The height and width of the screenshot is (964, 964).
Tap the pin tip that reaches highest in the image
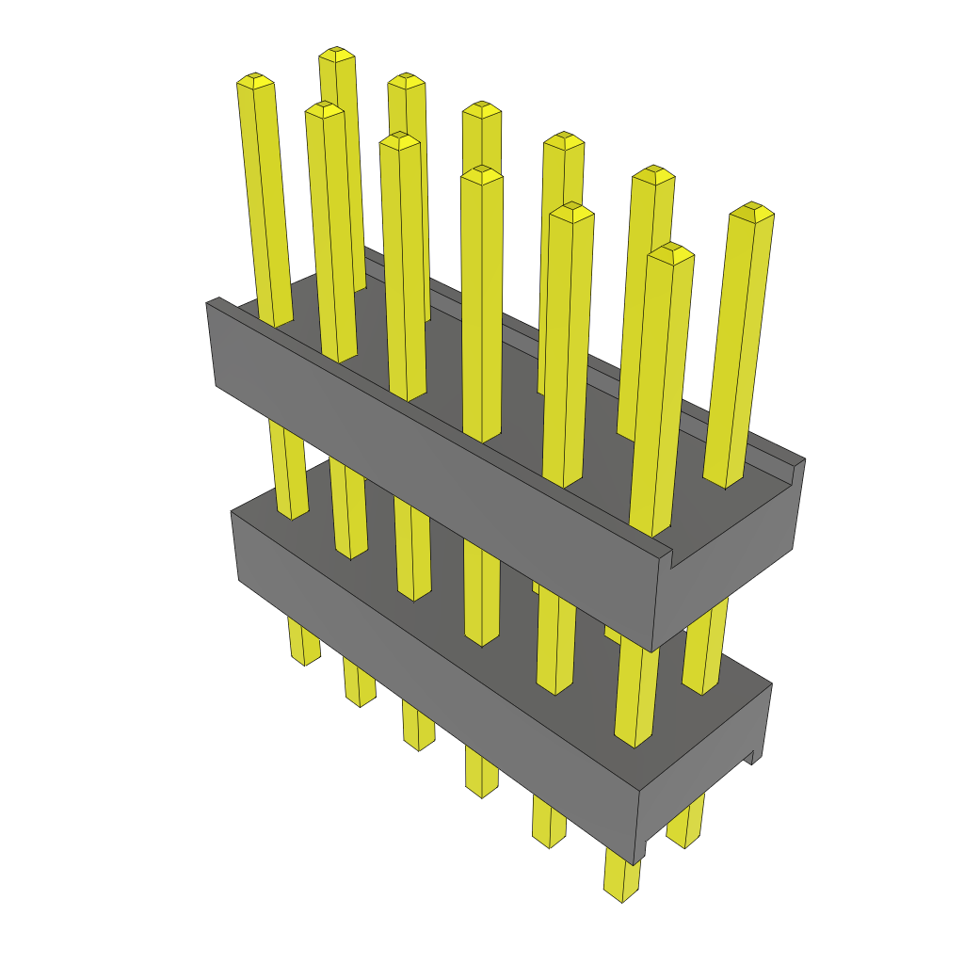point(336,53)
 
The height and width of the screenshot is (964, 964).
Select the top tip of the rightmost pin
point(751,209)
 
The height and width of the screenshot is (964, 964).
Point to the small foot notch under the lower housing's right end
point(751,756)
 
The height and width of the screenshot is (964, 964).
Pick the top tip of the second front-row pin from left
point(324,108)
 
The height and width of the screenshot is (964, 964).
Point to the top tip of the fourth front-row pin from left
point(482,173)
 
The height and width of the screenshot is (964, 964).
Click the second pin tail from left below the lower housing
point(359,683)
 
